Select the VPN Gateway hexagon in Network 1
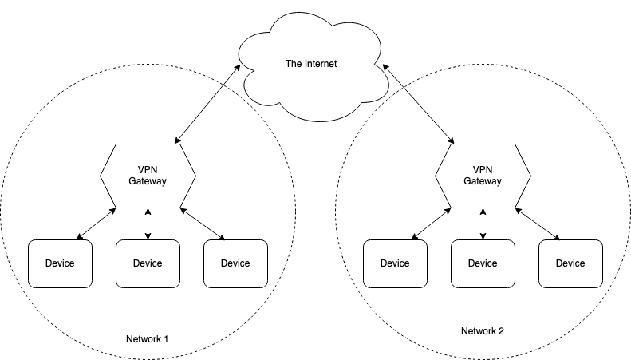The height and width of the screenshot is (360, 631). (x=148, y=176)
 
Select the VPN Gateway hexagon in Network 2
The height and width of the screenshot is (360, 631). (x=483, y=176)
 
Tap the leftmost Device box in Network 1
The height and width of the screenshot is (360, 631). (x=60, y=263)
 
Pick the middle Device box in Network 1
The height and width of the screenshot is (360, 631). (x=148, y=263)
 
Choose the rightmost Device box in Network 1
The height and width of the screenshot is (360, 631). (x=235, y=263)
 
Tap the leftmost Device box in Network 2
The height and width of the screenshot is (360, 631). (x=395, y=263)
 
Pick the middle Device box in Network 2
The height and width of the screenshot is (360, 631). (x=483, y=263)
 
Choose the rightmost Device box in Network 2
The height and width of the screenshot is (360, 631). (x=570, y=263)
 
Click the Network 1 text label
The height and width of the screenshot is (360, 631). (x=148, y=338)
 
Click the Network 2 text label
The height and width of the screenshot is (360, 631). (x=483, y=330)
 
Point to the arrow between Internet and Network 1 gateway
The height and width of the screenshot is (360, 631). (x=208, y=105)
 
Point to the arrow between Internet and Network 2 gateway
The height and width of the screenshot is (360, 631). (x=420, y=105)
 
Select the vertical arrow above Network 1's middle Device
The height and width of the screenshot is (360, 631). (x=148, y=224)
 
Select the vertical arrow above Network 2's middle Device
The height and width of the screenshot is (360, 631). (x=483, y=224)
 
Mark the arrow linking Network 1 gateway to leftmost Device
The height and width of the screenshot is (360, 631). (x=96, y=224)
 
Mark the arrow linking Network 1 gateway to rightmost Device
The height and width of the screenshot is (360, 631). (x=203, y=224)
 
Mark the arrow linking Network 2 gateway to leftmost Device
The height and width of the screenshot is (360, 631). (x=431, y=224)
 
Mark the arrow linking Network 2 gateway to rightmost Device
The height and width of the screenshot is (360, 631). (x=538, y=224)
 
